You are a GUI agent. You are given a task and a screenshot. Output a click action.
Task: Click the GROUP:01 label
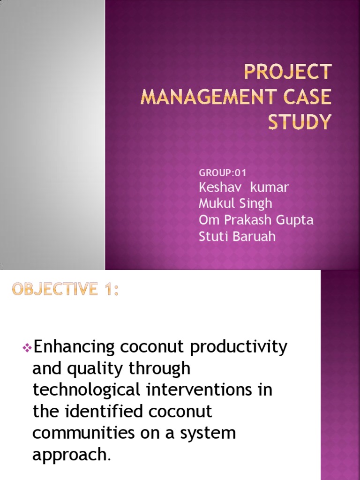223,173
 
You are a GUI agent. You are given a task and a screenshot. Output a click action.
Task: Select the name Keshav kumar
244,187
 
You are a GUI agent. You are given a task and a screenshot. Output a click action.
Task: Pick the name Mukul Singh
235,203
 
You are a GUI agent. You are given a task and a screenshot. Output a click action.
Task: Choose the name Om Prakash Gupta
256,220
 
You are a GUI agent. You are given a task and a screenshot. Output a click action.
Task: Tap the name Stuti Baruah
237,236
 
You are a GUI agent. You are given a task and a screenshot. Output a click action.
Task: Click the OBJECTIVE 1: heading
66,290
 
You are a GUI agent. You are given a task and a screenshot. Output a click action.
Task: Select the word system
209,433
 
